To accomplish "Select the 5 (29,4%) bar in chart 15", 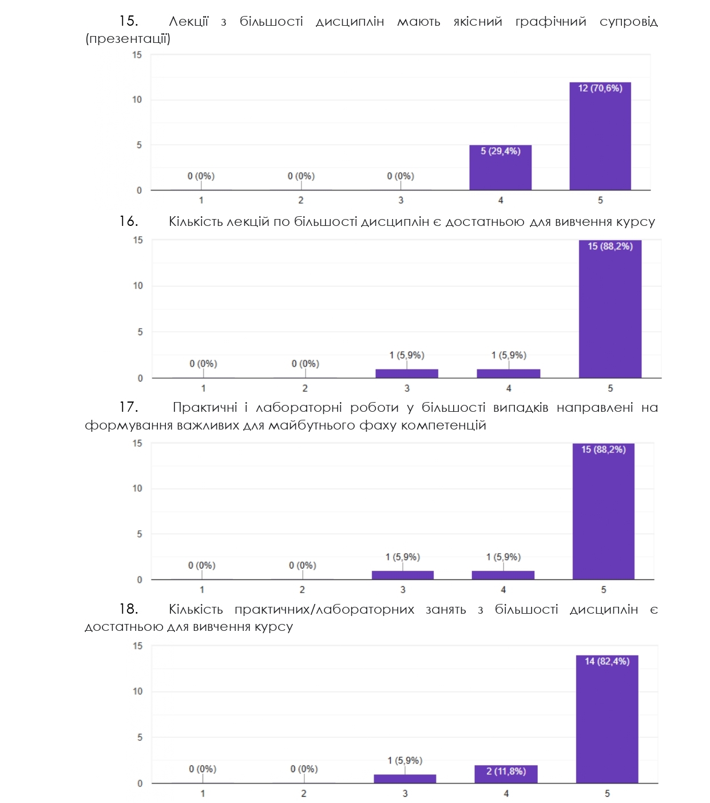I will [x=501, y=168].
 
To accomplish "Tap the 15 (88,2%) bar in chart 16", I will [x=610, y=309].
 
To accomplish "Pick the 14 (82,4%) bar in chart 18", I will [x=607, y=719].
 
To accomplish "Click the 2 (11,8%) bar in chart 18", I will [x=506, y=774].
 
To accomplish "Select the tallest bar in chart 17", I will [x=604, y=511].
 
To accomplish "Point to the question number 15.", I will [x=128, y=21].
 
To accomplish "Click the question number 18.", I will [x=128, y=609].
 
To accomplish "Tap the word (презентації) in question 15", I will [x=128, y=39].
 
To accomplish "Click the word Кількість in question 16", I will [x=196, y=222].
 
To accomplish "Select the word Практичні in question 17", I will [x=205, y=408].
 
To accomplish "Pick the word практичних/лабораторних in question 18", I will [x=324, y=610].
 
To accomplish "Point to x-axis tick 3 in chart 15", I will [x=401, y=200].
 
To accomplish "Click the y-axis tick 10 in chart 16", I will [x=138, y=286].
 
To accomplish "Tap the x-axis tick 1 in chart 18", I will [x=203, y=793].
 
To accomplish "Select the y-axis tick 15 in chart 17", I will [x=137, y=443].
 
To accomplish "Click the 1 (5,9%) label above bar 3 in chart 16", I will [x=407, y=355].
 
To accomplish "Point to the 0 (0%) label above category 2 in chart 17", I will [x=302, y=566].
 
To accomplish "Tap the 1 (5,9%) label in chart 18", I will [x=405, y=761].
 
